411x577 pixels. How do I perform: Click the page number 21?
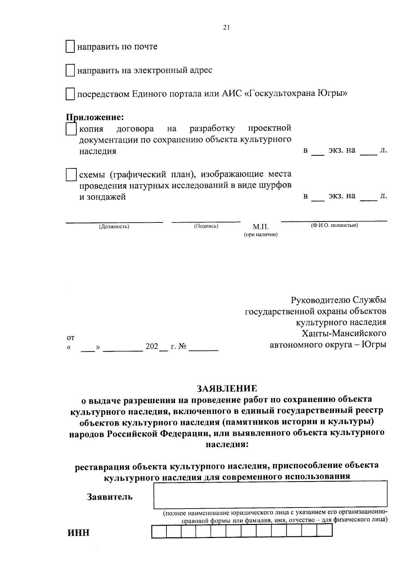pyautogui.click(x=226, y=28)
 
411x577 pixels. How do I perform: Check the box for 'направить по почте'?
pyautogui.click(x=70, y=47)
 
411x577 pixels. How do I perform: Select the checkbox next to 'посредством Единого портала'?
pyautogui.click(x=70, y=94)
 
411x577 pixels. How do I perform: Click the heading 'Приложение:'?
pyautogui.click(x=95, y=117)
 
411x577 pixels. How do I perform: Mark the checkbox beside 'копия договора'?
pyautogui.click(x=71, y=129)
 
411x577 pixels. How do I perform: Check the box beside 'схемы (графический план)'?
pyautogui.click(x=71, y=175)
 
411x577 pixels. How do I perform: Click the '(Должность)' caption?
pyautogui.click(x=114, y=226)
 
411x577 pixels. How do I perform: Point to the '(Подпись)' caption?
pyautogui.click(x=206, y=226)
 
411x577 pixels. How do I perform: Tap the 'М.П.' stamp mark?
pyautogui.click(x=261, y=227)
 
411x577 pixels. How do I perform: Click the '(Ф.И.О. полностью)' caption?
pyautogui.click(x=334, y=225)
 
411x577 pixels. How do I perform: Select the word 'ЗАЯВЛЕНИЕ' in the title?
pyautogui.click(x=226, y=388)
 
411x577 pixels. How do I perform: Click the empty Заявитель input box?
pyautogui.click(x=271, y=494)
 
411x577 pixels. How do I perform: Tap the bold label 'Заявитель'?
pyautogui.click(x=110, y=497)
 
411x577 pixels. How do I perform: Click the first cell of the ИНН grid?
pyautogui.click(x=159, y=531)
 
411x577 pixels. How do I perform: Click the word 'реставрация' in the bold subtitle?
pyautogui.click(x=102, y=466)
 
